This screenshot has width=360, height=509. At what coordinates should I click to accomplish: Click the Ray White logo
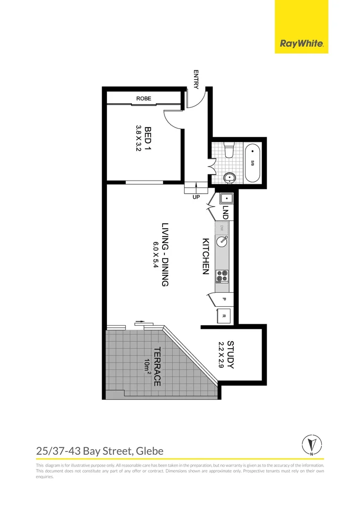click(302, 44)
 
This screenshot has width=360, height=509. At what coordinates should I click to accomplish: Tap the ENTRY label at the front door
click(196, 79)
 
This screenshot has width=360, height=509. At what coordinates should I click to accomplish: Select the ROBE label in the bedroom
click(143, 99)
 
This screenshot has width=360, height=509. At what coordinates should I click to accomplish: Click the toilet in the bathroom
click(229, 150)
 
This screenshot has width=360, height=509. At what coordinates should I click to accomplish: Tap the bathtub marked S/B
click(252, 163)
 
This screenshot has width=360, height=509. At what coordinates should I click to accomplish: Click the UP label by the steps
click(196, 197)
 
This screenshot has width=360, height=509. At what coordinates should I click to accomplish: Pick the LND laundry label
click(226, 213)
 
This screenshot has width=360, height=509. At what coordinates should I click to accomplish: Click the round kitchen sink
click(222, 241)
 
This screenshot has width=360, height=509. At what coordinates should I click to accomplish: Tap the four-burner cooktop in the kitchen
click(222, 276)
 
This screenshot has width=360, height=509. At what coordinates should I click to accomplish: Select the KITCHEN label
click(205, 256)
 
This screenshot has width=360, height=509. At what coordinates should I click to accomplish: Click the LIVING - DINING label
click(165, 254)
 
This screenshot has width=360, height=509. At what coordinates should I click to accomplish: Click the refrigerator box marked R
click(224, 316)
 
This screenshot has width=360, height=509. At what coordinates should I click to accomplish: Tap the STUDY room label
click(230, 354)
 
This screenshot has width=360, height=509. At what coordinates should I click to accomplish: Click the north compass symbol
click(311, 444)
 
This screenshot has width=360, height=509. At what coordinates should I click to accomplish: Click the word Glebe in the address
click(149, 451)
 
